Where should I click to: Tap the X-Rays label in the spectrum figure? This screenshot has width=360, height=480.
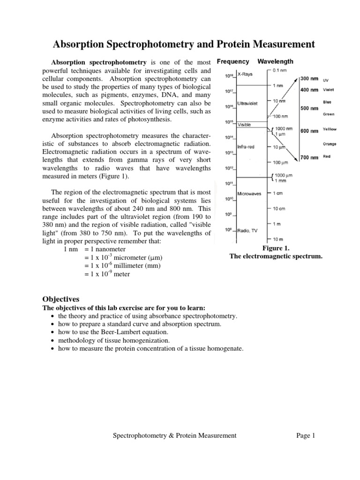(x=245, y=74)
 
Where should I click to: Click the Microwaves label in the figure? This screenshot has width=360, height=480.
(x=249, y=193)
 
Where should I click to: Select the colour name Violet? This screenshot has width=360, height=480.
(x=329, y=90)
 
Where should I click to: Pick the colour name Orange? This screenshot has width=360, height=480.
(x=330, y=144)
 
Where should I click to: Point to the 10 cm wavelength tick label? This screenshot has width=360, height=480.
(x=280, y=208)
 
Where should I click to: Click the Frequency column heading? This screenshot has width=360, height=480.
(x=233, y=61)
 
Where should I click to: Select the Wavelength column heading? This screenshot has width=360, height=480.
(x=276, y=61)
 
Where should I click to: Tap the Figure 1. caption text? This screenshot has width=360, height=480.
(x=276, y=248)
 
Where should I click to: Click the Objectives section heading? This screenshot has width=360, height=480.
(x=61, y=299)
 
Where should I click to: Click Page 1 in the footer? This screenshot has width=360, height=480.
(x=306, y=435)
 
